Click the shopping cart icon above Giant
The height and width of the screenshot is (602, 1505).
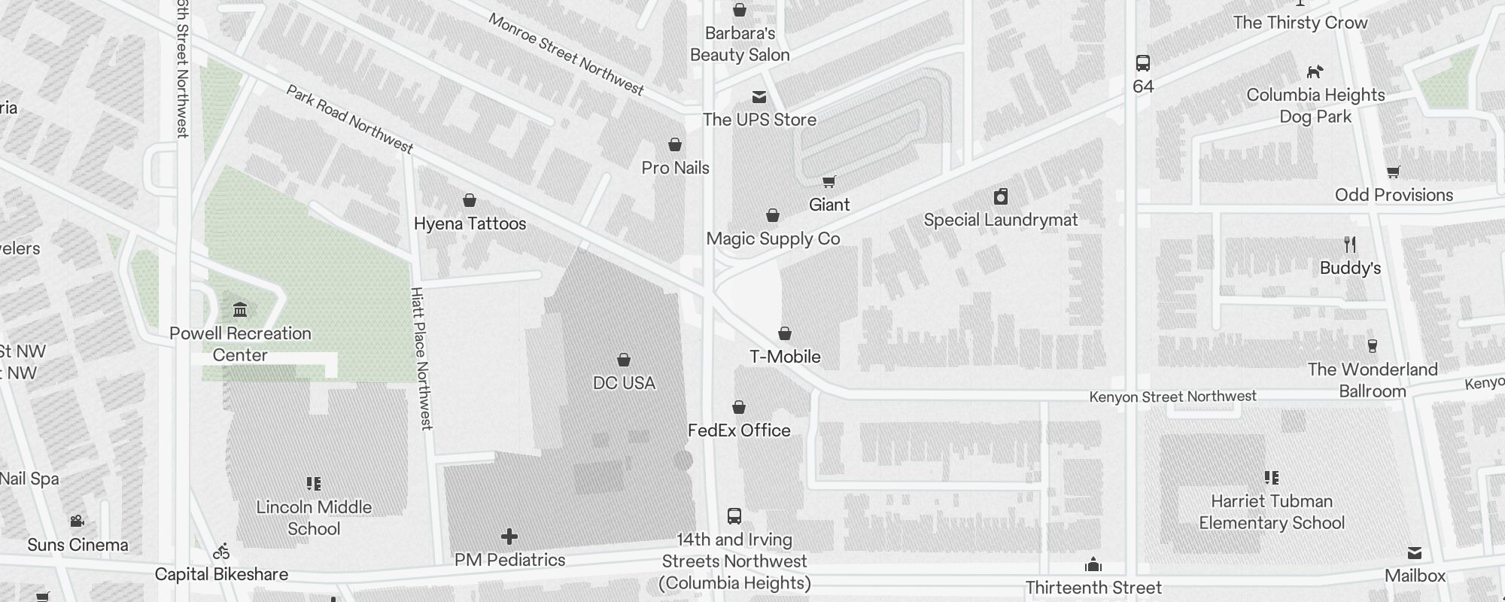pos(829,181)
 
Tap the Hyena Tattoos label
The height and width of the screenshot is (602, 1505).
pos(470,223)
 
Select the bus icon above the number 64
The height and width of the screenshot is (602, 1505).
pos(1142,63)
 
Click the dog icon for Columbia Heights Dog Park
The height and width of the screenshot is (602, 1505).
pos(1315,72)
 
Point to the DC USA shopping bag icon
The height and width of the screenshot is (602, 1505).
pos(623,360)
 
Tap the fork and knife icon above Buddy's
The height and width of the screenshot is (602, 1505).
pos(1350,245)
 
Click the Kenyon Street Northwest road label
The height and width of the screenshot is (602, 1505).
pos(1172,397)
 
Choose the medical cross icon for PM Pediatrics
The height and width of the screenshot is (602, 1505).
pos(509,537)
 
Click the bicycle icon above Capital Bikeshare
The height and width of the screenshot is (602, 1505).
pos(221,552)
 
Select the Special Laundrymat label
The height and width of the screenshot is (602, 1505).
pos(1000,220)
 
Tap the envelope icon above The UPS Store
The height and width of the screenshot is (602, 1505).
pos(759,97)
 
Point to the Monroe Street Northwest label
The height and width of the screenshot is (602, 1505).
pos(566,54)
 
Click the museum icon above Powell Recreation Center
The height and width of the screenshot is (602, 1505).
pos(240,309)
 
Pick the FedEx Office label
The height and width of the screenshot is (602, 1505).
pos(739,430)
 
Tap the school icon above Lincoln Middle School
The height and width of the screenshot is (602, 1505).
pos(314,484)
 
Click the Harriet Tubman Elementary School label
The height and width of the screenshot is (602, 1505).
pos(1271,512)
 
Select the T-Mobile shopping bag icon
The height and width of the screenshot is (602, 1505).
pos(784,333)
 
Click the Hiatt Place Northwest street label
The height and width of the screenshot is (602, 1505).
pos(421,358)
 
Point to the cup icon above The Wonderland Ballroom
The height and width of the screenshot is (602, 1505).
pos(1372,346)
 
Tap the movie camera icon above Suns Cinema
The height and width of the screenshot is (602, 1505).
pos(77,521)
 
